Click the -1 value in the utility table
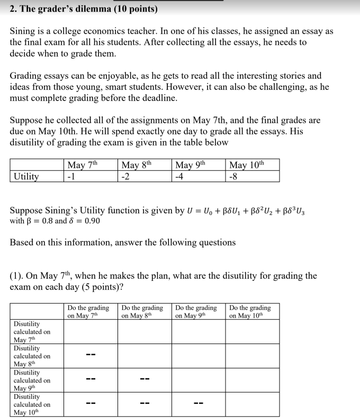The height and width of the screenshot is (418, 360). click(x=71, y=176)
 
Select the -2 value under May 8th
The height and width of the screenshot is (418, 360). click(x=125, y=176)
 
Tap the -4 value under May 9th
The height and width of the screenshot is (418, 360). click(x=179, y=176)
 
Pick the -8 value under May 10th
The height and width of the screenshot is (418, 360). click(x=234, y=176)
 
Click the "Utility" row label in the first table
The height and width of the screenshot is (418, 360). click(x=26, y=176)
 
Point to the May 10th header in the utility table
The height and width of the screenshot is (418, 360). click(x=246, y=165)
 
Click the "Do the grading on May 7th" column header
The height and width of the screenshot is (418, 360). click(x=88, y=312)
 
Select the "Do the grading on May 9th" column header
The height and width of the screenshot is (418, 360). click(x=196, y=312)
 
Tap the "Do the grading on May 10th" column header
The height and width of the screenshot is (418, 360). click(x=250, y=312)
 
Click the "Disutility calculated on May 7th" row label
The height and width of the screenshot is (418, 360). click(x=32, y=332)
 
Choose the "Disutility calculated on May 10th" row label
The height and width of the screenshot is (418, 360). click(x=32, y=404)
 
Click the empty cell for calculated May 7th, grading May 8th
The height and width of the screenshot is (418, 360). click(x=144, y=332)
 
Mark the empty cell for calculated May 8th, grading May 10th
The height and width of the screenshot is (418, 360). click(x=252, y=356)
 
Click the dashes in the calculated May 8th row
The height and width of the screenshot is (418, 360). click(x=91, y=356)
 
